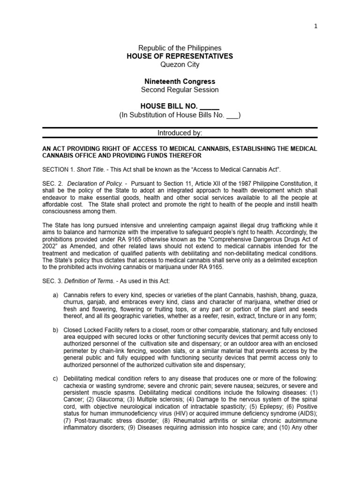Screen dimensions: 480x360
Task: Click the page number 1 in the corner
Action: click(x=315, y=26)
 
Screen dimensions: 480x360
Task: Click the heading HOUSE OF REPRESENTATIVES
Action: click(x=180, y=56)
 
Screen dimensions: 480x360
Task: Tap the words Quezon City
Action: click(x=180, y=65)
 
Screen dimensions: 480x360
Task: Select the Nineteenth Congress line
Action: click(x=180, y=82)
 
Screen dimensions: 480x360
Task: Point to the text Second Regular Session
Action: click(x=180, y=90)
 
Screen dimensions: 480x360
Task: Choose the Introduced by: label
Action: click(x=180, y=133)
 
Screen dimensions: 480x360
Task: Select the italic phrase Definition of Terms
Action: click(x=89, y=281)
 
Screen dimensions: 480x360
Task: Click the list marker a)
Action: click(x=55, y=296)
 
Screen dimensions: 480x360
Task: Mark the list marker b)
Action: click(x=55, y=330)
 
